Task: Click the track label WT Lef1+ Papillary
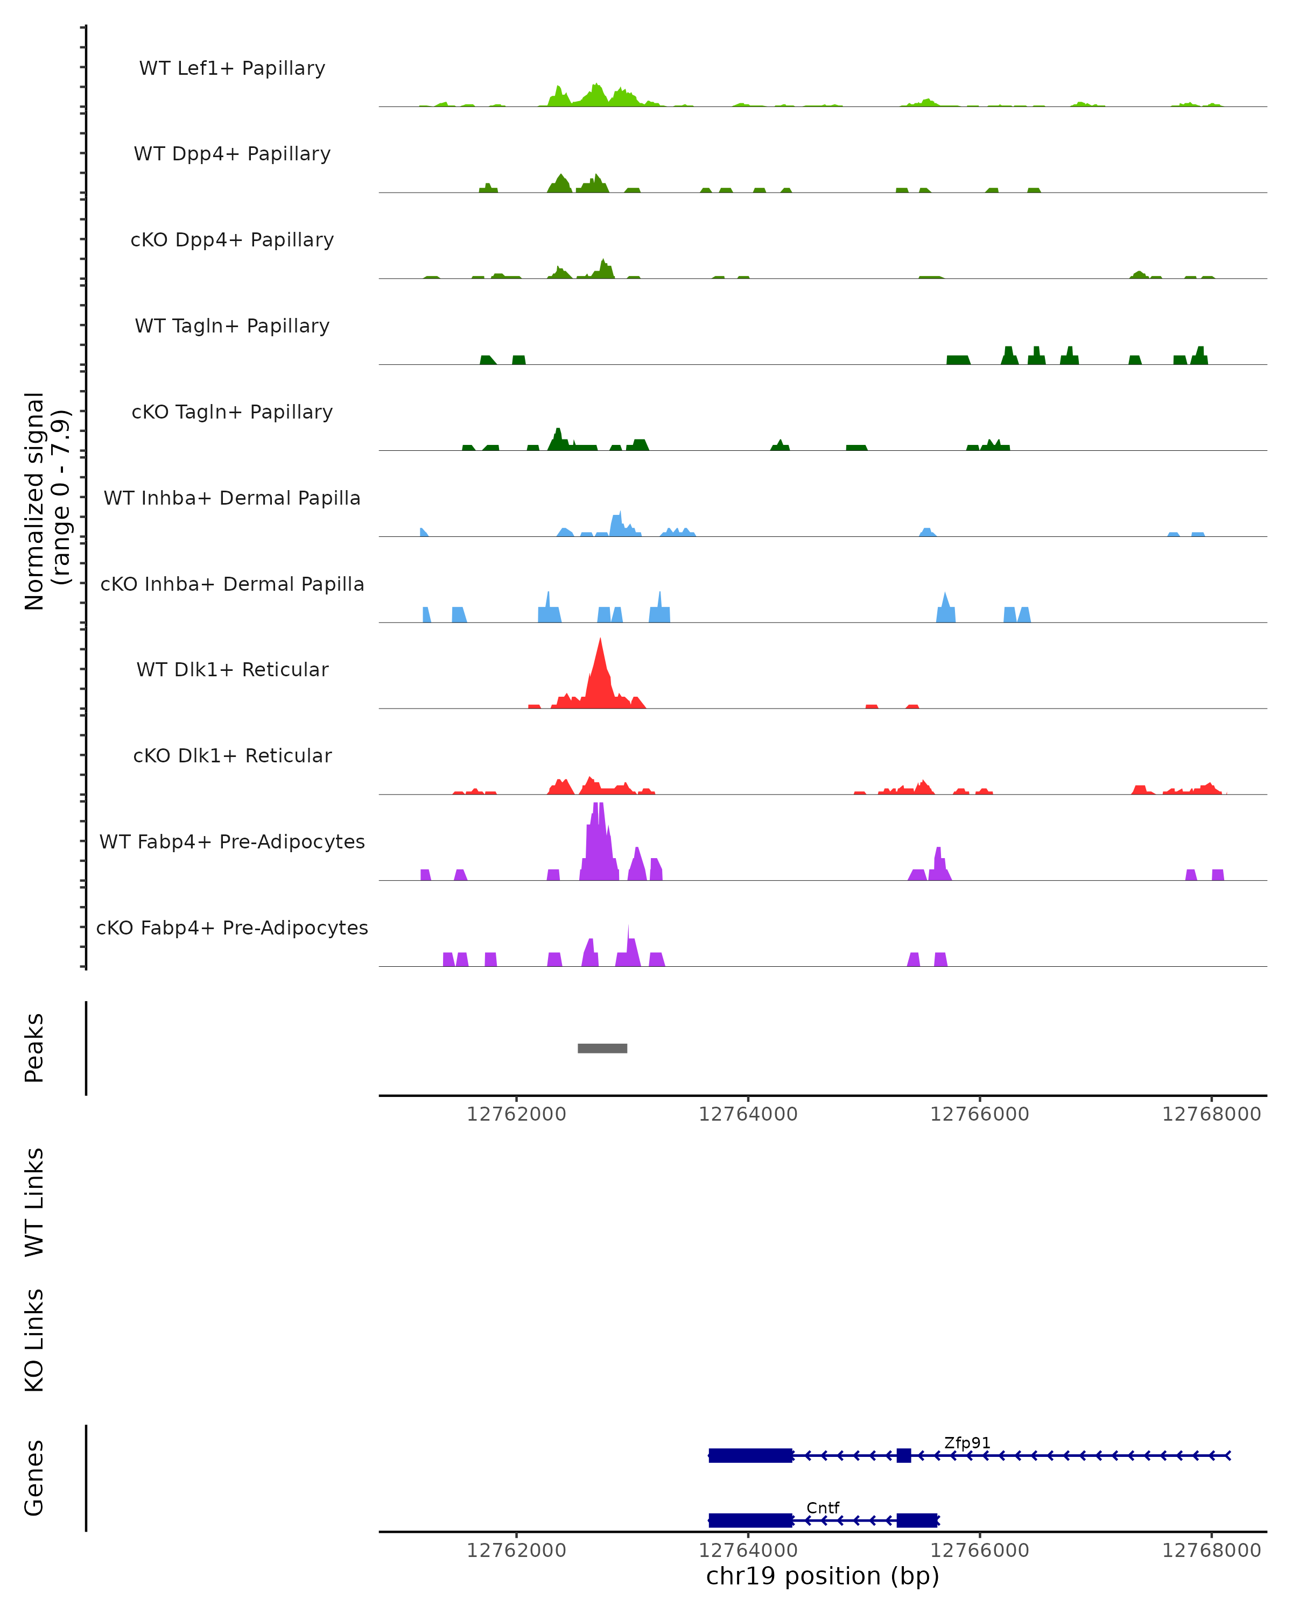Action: click(232, 68)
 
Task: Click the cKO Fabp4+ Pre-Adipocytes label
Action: click(232, 928)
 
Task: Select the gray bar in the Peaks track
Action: click(602, 1048)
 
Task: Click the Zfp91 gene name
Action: click(967, 1442)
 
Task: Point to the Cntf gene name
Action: click(823, 1507)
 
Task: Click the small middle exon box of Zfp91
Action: click(904, 1455)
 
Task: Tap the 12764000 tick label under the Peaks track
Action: click(748, 1115)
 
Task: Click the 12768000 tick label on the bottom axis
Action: click(1211, 1551)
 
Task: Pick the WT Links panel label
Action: click(34, 1202)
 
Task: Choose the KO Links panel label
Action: click(34, 1340)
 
